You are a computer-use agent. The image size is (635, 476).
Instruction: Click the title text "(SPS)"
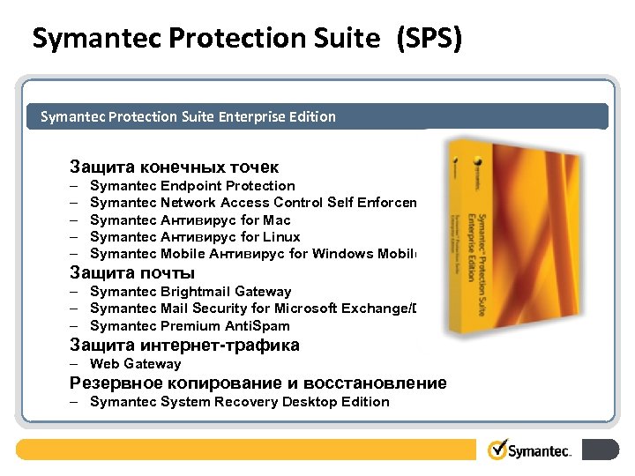(x=430, y=39)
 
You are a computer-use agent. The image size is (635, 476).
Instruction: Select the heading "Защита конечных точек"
(x=175, y=167)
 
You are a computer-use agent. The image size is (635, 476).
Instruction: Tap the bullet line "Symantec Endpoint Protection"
(x=192, y=186)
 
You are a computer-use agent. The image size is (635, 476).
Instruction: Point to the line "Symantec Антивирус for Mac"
(x=190, y=220)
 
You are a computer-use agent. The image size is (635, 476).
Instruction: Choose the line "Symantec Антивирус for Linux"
(x=195, y=237)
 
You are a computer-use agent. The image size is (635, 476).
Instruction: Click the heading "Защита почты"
(x=132, y=272)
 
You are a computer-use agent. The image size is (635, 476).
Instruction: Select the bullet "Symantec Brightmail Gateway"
(x=190, y=292)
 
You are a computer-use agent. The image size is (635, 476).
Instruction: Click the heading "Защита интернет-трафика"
(x=184, y=346)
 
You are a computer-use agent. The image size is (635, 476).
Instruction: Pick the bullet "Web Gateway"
(x=135, y=364)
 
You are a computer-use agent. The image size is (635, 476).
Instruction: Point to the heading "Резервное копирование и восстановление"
(x=258, y=383)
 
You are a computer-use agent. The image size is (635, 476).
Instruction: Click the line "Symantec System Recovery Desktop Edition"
(x=239, y=402)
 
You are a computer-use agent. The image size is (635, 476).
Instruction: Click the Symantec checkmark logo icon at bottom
(x=498, y=450)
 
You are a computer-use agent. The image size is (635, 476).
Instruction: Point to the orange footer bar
(x=247, y=450)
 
